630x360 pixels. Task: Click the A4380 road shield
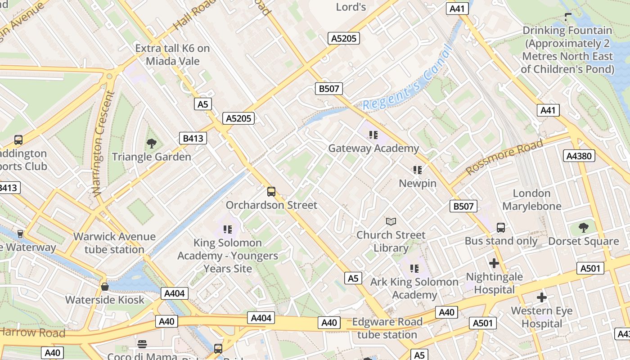click(x=579, y=156)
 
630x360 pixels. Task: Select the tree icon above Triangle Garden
click(x=152, y=144)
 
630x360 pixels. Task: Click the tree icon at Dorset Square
click(x=584, y=228)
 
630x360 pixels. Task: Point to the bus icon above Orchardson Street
click(x=271, y=192)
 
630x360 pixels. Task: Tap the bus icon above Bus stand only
click(x=501, y=228)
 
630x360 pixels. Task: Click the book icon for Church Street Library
click(x=391, y=222)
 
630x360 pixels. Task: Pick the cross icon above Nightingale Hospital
click(x=494, y=263)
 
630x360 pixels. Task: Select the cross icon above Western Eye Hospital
click(x=542, y=297)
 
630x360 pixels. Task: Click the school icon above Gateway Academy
click(x=373, y=135)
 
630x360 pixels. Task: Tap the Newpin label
click(x=418, y=183)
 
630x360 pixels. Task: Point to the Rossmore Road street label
click(x=504, y=157)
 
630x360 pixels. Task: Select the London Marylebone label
click(x=532, y=200)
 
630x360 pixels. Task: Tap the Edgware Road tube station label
click(x=387, y=328)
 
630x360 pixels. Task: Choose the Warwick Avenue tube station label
click(x=114, y=243)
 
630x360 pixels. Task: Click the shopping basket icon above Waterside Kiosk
click(x=105, y=287)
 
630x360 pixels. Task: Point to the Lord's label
click(x=351, y=7)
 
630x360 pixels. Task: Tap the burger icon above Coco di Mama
click(x=142, y=344)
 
